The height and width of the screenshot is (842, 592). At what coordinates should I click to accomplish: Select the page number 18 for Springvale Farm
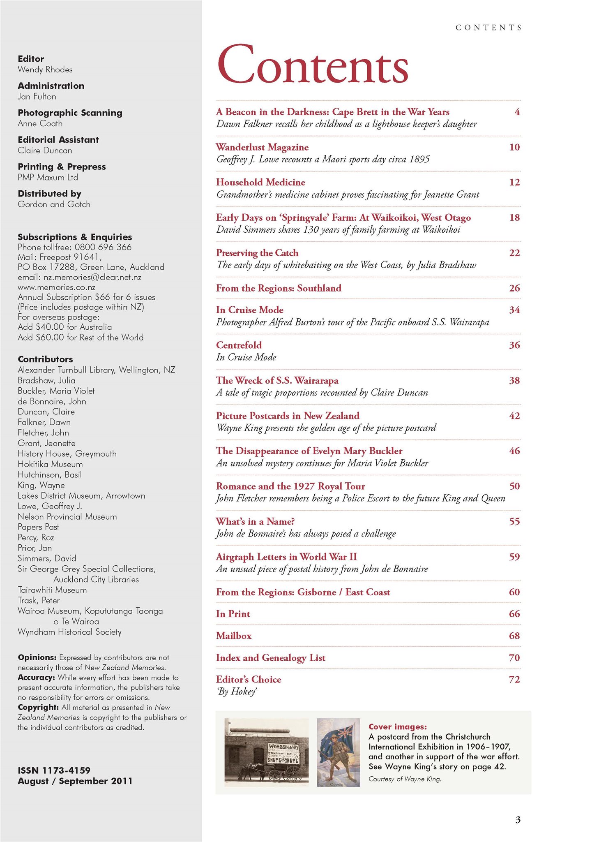pos(514,217)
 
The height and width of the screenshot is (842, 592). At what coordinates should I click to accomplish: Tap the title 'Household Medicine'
pos(260,182)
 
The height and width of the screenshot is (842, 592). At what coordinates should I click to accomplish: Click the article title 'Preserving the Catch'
pos(257,253)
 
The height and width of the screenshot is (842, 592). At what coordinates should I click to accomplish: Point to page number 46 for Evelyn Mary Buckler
pos(514,451)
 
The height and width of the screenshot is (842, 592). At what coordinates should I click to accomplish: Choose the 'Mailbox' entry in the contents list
pos(234,636)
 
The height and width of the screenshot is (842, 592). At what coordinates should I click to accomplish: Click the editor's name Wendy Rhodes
pos(45,69)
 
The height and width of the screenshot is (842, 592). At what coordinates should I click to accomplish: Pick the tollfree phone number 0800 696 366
pos(103,247)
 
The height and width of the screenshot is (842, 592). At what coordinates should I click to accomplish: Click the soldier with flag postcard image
pos(338,752)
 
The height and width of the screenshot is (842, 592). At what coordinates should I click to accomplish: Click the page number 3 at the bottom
pos(518,820)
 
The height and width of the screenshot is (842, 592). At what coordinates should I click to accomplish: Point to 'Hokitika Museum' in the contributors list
pos(50,464)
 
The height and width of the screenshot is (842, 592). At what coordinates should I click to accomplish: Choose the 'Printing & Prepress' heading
pos(62,167)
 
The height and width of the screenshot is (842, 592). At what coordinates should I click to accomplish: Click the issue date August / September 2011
pos(75,781)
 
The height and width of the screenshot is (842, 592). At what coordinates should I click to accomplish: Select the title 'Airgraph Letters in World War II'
pos(286,557)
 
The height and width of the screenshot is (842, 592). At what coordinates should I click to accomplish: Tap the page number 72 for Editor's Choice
pos(514,680)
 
